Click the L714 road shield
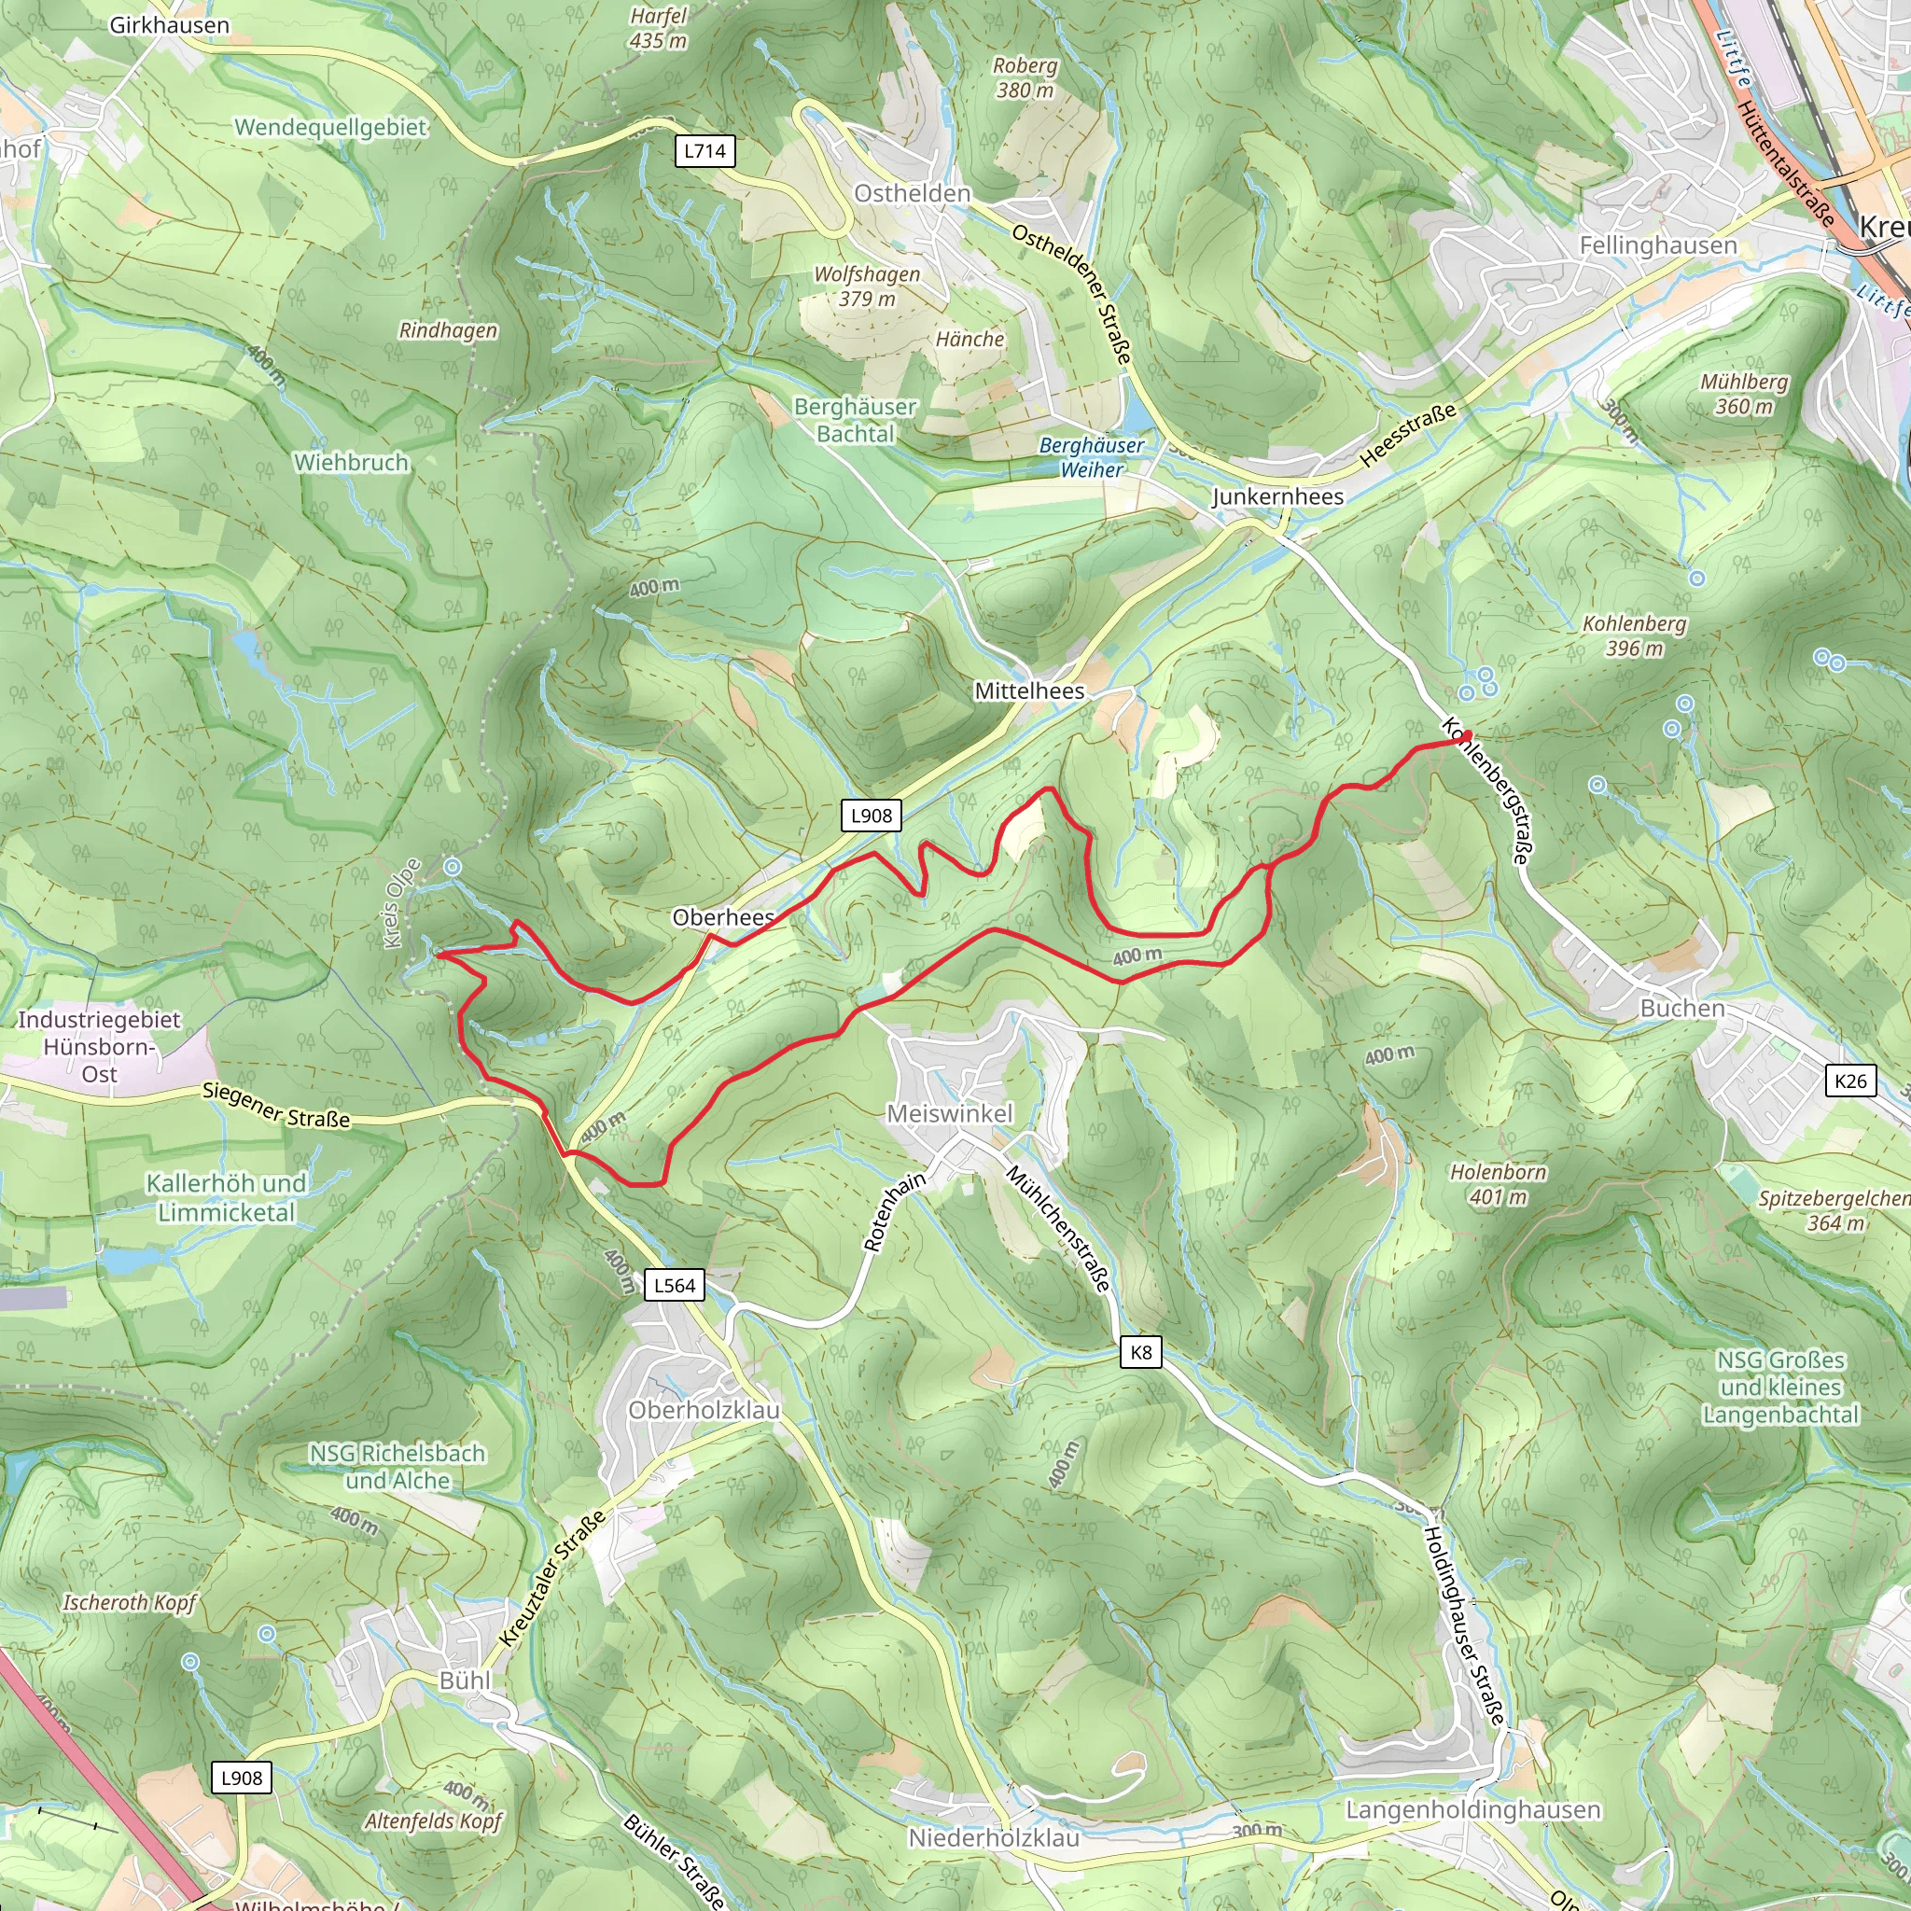pyautogui.click(x=704, y=151)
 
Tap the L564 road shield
pyautogui.click(x=675, y=1285)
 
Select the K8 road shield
pyautogui.click(x=1140, y=1352)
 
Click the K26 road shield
pyautogui.click(x=1849, y=1081)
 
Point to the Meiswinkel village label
pyautogui.click(x=950, y=1114)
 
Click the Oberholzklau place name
pyautogui.click(x=704, y=1410)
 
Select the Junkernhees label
pyautogui.click(x=1277, y=496)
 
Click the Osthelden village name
pyautogui.click(x=912, y=194)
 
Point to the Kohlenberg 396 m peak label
pyautogui.click(x=1634, y=636)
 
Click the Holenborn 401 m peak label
pyautogui.click(x=1498, y=1184)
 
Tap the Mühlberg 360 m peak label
pyautogui.click(x=1744, y=394)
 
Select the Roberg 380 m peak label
pyautogui.click(x=1025, y=77)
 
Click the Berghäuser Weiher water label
pyautogui.click(x=1091, y=457)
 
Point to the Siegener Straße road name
pyautogui.click(x=276, y=1105)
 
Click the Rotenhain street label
pyautogui.click(x=894, y=1210)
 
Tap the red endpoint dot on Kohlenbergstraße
pyautogui.click(x=1466, y=735)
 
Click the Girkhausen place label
pyautogui.click(x=169, y=26)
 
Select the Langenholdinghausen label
pyautogui.click(x=1472, y=1809)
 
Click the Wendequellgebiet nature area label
pyautogui.click(x=330, y=128)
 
